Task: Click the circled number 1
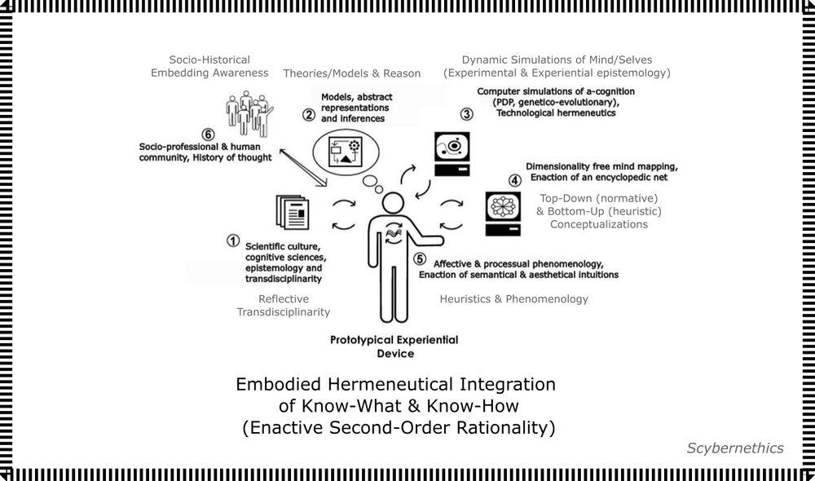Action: pyautogui.click(x=233, y=240)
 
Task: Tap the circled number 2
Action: pyautogui.click(x=309, y=115)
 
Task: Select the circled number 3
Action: pyautogui.click(x=466, y=114)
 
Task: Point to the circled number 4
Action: pyautogui.click(x=514, y=181)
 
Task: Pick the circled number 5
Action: pyautogui.click(x=420, y=259)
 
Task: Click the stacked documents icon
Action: pyautogui.click(x=292, y=212)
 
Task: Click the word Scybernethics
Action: pyautogui.click(x=734, y=448)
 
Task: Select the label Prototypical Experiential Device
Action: pyautogui.click(x=394, y=346)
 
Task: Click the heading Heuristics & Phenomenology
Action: pyautogui.click(x=513, y=299)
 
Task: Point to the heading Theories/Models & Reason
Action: pyautogui.click(x=352, y=73)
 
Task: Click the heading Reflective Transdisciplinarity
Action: pyautogui.click(x=283, y=306)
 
